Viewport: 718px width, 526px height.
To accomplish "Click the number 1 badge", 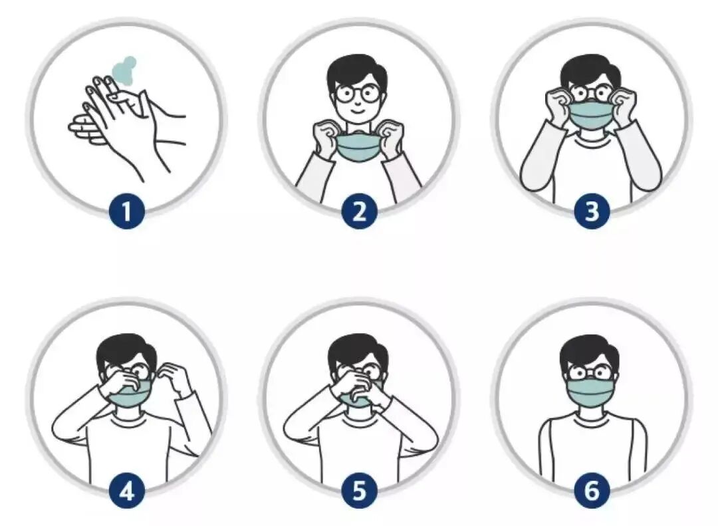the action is (127, 211).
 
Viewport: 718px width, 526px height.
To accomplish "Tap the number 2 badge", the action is (360, 211).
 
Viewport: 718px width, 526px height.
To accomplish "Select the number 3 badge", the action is (592, 211).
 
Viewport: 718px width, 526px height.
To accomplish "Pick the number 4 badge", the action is (127, 491).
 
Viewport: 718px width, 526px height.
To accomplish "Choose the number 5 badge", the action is (360, 491).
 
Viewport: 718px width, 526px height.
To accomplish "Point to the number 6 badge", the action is (592, 491).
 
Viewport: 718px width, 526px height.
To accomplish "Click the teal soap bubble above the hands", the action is (124, 70).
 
